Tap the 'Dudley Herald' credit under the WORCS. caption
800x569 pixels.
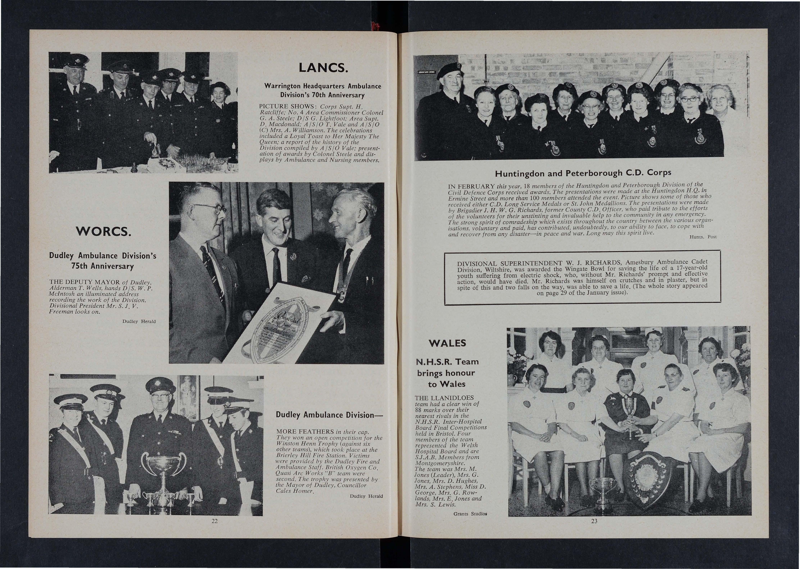pyautogui.click(x=139, y=321)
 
